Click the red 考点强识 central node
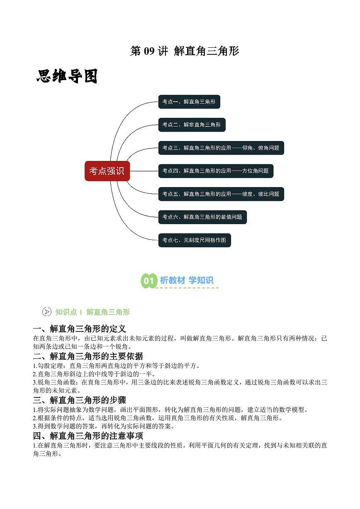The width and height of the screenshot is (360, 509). coord(107,171)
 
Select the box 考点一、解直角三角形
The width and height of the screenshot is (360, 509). coord(189,102)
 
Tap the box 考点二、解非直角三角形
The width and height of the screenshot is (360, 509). coord(192,125)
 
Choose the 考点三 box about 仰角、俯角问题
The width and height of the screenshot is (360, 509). coord(221,148)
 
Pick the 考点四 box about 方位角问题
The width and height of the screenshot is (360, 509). coord(216,171)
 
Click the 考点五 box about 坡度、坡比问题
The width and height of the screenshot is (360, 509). coord(221,194)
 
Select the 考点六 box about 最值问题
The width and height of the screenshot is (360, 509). coord(202,217)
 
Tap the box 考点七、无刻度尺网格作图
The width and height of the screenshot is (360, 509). coord(195,240)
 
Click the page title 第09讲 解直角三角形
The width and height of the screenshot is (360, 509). coord(185,51)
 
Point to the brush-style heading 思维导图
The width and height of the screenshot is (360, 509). coord(67,76)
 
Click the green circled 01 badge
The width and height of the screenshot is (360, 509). coord(149,280)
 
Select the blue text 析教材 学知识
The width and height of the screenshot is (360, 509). coord(187,280)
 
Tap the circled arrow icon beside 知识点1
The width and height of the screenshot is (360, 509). coord(47,312)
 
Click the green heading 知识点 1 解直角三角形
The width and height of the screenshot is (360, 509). coord(92,312)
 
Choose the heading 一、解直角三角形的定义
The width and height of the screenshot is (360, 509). coord(80,329)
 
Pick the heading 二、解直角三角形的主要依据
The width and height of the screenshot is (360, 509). coord(88,356)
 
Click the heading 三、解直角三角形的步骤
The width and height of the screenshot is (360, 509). coord(80,400)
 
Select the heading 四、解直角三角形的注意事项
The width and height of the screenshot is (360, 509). coord(88,436)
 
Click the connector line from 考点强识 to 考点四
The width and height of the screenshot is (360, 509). coord(144,171)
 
